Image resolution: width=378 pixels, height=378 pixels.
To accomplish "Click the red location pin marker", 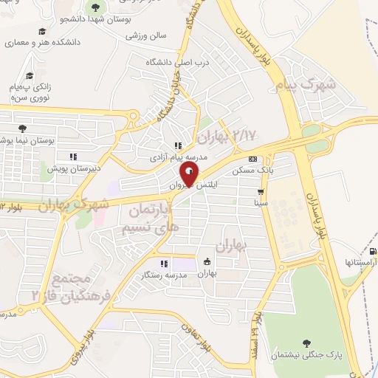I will point(189,174).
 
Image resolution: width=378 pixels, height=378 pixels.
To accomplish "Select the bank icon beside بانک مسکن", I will point(253,159).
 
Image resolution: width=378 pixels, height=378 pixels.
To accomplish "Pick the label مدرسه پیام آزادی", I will point(178,157).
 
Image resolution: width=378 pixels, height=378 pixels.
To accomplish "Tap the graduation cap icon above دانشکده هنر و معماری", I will point(42,32).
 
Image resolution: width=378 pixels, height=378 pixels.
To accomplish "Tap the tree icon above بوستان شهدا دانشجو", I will point(94,7).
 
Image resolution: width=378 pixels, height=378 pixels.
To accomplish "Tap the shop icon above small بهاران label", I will point(207,261).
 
